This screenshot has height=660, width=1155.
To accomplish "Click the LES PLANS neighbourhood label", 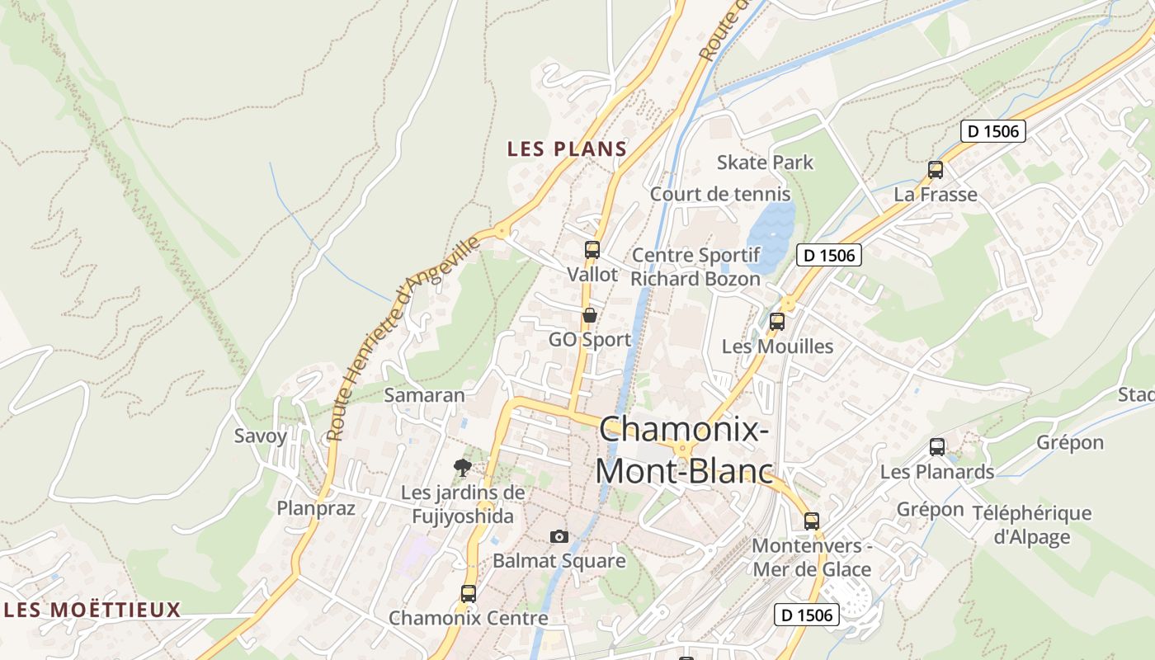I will (x=567, y=149).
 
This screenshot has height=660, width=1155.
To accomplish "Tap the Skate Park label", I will (x=765, y=163).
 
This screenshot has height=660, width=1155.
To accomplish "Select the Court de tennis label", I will (x=720, y=195).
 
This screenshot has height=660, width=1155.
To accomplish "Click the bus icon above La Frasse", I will (x=935, y=170).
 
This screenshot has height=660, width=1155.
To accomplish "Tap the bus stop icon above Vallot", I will (x=592, y=249).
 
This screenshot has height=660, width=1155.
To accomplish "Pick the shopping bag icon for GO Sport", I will (x=589, y=315).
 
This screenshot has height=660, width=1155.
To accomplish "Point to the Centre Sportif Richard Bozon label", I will (x=695, y=267).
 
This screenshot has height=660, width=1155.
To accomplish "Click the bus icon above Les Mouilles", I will (x=776, y=322).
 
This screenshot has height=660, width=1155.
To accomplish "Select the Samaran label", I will (x=425, y=395).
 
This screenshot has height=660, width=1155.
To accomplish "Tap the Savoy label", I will (x=261, y=436).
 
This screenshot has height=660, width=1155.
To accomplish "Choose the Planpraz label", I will (x=316, y=508).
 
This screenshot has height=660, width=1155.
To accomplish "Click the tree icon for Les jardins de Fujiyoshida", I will (x=463, y=469).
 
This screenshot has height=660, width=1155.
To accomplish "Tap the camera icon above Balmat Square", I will (x=559, y=537).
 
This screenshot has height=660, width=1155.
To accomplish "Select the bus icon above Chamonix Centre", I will (x=468, y=593).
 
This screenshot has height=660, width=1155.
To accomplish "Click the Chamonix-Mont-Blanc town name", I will (x=684, y=450).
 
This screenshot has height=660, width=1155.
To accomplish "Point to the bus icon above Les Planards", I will (x=936, y=447).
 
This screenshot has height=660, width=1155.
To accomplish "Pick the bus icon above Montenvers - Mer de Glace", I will (x=811, y=521).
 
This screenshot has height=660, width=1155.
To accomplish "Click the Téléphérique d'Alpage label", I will (x=1031, y=525).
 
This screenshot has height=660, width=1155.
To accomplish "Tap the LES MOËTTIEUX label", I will (x=92, y=610).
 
